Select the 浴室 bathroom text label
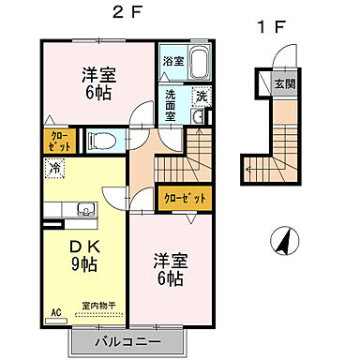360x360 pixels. [172, 62]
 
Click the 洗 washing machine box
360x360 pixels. [201, 97]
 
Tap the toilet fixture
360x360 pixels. [101, 142]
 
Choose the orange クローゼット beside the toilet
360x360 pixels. [52, 142]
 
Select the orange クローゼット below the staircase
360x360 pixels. [185, 198]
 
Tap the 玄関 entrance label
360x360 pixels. [284, 84]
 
